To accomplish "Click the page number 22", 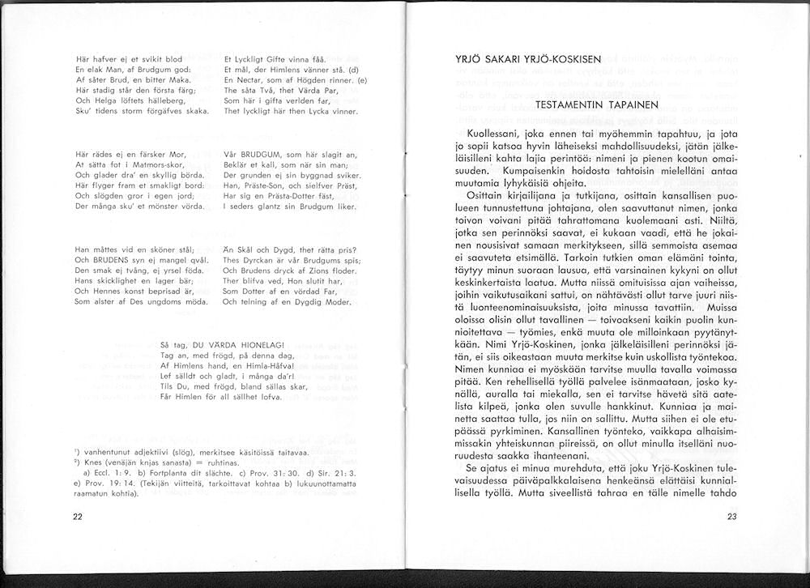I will click(77, 518).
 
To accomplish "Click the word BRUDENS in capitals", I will click(111, 260).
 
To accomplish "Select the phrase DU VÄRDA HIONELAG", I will click(235, 344).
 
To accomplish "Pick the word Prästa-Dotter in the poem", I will click(283, 197).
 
